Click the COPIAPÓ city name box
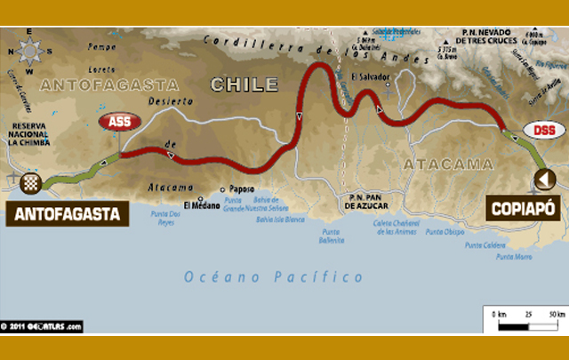click(x=523, y=209)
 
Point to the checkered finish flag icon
click(x=31, y=184)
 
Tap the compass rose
click(x=29, y=52)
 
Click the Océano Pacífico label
click(x=274, y=276)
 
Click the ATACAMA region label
click(x=435, y=164)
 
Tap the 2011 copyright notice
click(x=42, y=326)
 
